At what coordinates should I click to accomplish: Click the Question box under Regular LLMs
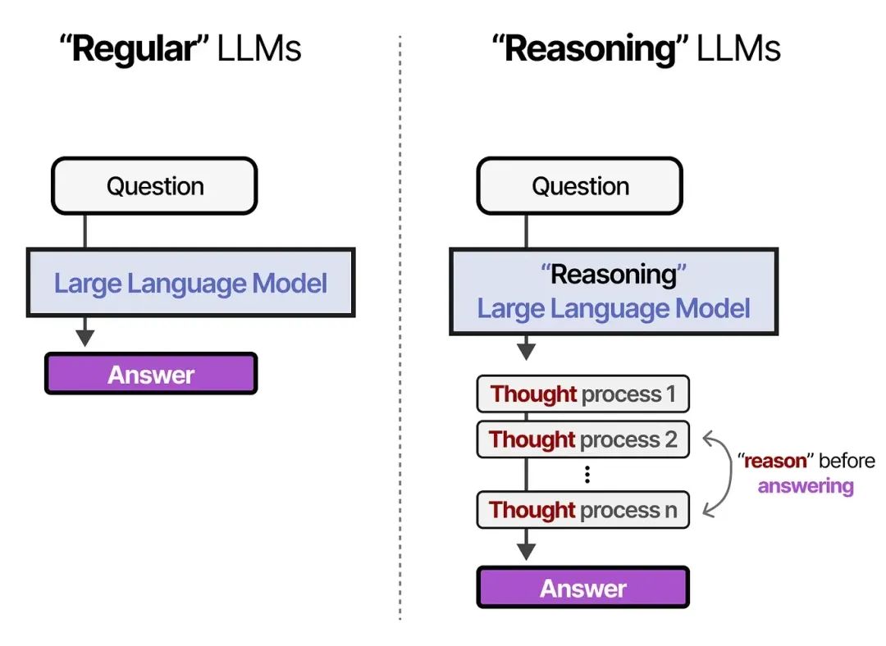[154, 186]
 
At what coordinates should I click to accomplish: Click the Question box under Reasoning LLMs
[580, 186]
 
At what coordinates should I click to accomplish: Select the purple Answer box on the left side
[151, 374]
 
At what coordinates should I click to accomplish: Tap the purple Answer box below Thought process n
[582, 588]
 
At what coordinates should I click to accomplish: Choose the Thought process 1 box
[582, 394]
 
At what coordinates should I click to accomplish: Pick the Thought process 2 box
[582, 439]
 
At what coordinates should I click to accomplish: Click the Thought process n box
[582, 510]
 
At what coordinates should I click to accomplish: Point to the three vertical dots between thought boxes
[587, 475]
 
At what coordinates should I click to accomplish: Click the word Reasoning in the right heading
[591, 49]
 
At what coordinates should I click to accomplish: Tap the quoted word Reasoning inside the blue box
[613, 274]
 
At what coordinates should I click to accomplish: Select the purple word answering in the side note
[806, 485]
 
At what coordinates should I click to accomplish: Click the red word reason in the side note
[774, 461]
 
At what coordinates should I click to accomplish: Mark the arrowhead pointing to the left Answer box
[84, 337]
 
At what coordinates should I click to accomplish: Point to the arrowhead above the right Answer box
[526, 551]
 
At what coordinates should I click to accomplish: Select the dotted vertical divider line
[400, 328]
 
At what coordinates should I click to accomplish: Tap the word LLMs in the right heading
[738, 49]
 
